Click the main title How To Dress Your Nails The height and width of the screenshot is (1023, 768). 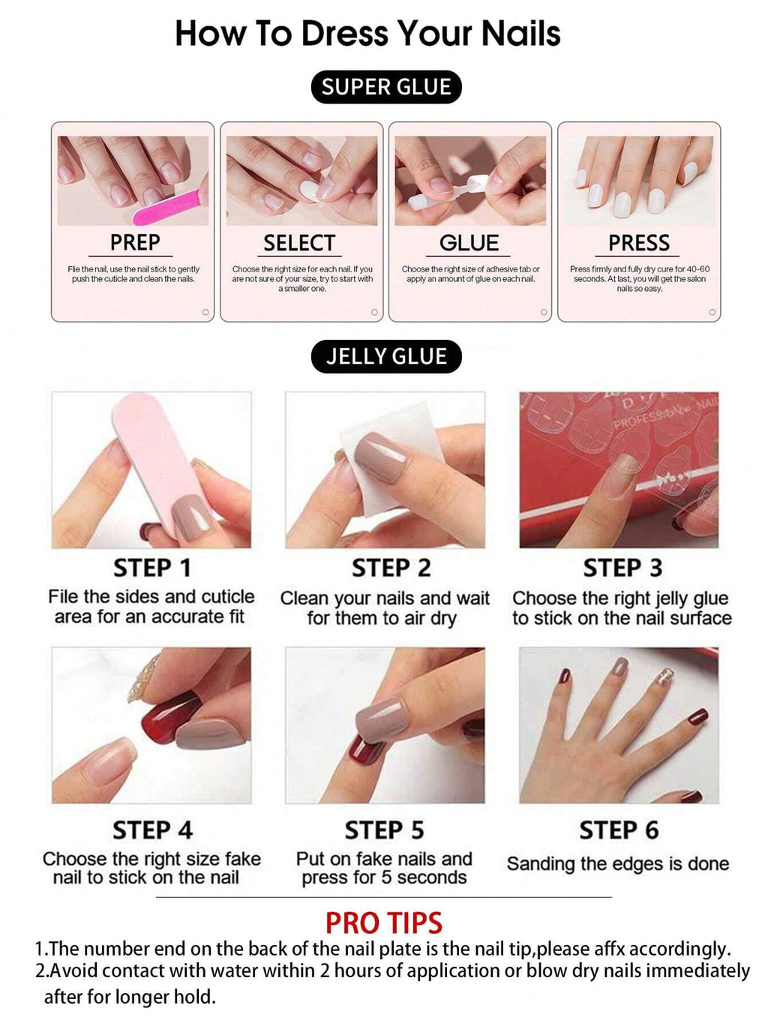[367, 34]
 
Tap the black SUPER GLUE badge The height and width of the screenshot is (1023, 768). [386, 87]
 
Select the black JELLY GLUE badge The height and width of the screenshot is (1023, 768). [386, 356]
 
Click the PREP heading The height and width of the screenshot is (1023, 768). [135, 242]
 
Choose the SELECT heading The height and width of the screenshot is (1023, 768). [299, 243]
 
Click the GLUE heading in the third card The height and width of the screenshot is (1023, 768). [469, 243]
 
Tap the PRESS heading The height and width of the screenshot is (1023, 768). [638, 243]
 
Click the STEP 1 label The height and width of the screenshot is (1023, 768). [151, 568]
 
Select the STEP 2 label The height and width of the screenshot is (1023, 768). [391, 568]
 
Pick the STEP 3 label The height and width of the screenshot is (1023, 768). [622, 568]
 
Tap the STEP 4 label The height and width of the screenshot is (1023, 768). [152, 830]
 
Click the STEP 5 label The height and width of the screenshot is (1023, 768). [384, 830]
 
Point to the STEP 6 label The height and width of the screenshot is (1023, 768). [618, 830]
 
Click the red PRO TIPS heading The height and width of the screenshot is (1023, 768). [384, 922]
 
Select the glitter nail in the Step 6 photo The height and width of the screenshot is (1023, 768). [664, 678]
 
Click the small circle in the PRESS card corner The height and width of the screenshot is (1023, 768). [712, 312]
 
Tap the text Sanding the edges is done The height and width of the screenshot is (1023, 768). [618, 864]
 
